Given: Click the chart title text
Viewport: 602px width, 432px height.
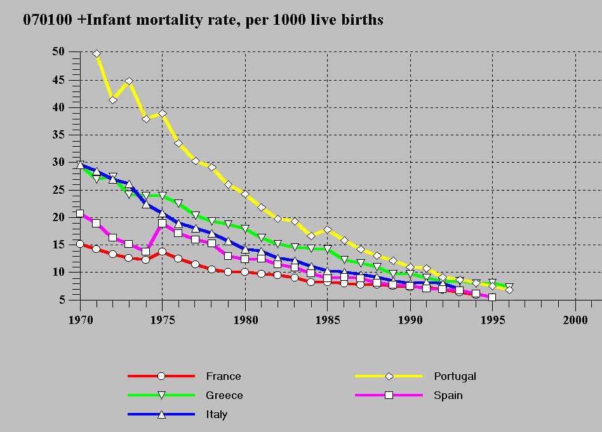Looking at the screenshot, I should point(203,20).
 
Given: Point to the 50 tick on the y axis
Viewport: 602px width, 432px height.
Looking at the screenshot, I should point(58,52).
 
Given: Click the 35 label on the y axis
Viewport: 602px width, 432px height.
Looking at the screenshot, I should point(58,135).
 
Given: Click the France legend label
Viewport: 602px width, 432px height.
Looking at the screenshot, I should point(224,376).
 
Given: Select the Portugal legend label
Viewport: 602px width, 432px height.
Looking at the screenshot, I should point(455,376).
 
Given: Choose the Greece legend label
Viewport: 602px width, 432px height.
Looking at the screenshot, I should point(224,395).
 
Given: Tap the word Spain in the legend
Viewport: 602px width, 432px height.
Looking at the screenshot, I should point(448,395).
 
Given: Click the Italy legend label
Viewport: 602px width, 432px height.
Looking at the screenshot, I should point(217,414).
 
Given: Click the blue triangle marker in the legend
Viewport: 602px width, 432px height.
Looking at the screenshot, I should point(161,414).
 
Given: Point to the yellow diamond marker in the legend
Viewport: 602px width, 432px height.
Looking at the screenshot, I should point(389,376).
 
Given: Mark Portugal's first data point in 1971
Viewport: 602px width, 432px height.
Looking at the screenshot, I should point(97,54).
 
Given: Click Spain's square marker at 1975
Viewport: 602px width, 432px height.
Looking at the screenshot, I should point(162,224).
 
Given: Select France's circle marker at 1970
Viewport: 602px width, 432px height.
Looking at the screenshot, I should point(80,244).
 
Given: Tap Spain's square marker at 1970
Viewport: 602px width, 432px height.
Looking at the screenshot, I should point(80,213).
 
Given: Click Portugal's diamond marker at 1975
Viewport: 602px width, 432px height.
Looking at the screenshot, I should point(162,114).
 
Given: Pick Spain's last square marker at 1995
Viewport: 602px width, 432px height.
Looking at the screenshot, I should point(492,297).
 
